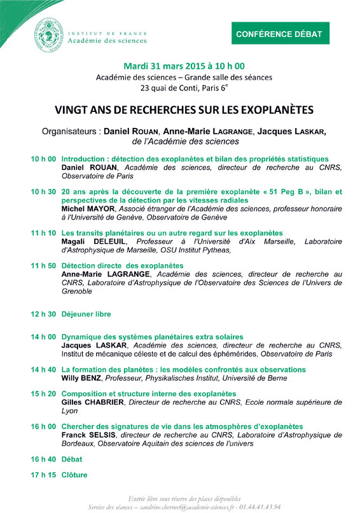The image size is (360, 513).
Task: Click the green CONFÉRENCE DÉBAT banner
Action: tap(280, 33)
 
